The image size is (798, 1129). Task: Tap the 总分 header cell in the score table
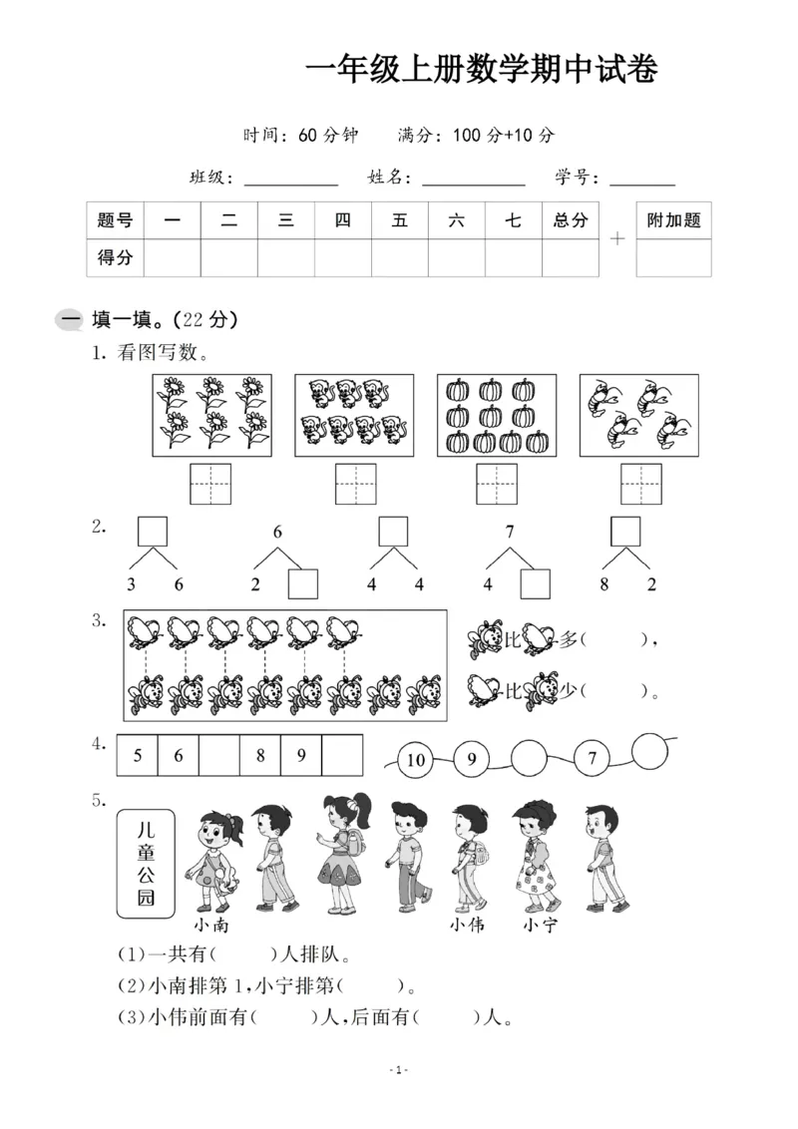(x=571, y=220)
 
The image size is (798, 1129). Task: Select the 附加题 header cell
(x=673, y=220)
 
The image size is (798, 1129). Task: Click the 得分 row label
(x=115, y=257)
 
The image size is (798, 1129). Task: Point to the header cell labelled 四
(x=343, y=220)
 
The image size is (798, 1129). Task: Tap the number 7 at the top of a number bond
(x=510, y=532)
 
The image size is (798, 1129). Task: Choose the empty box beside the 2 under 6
(x=302, y=583)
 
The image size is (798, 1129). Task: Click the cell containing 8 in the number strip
(x=260, y=756)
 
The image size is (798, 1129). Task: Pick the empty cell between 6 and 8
(x=218, y=756)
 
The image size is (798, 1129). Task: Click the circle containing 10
(x=416, y=760)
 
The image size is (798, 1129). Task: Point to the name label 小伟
(x=467, y=925)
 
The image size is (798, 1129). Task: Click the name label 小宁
(x=540, y=925)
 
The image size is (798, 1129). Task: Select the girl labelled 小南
(x=217, y=858)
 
